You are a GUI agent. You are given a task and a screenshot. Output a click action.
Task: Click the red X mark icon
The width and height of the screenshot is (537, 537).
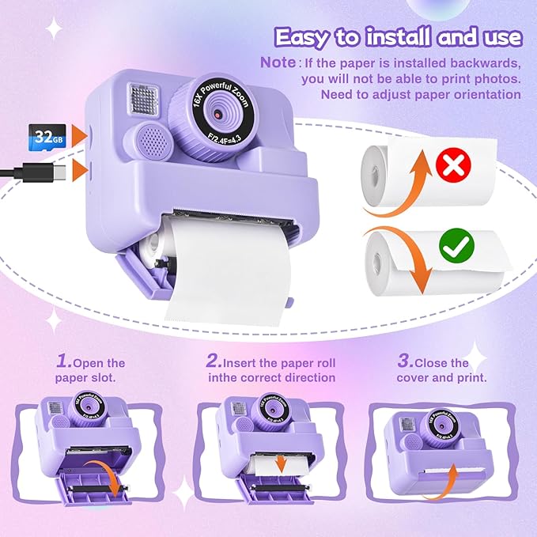point(454,164)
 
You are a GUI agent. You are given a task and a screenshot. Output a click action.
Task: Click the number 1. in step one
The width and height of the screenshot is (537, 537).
point(63,361)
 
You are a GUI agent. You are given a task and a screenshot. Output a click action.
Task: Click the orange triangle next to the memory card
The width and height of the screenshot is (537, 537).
point(79,134)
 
